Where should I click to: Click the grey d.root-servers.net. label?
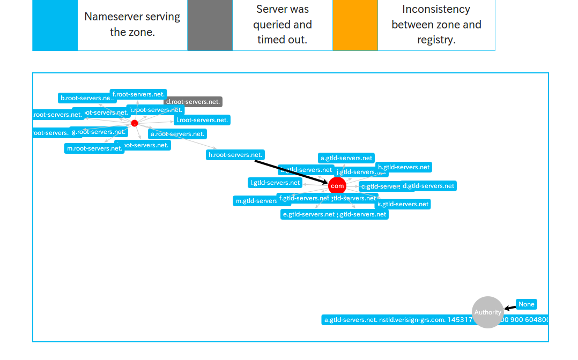point(193,102)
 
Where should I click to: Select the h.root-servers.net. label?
point(235,155)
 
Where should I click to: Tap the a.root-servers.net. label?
point(177,134)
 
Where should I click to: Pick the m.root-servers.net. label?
point(94,148)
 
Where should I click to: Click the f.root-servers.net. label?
point(138,94)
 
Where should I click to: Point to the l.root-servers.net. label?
point(202,120)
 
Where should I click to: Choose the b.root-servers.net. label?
point(86,98)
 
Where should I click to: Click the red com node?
point(337,186)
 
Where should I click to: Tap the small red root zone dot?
point(135,123)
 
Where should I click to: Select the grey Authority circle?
point(488,312)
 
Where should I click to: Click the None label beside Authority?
point(527,304)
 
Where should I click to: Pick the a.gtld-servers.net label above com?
point(346,158)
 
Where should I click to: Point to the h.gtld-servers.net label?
point(404,167)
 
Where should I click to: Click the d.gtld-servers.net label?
point(428,186)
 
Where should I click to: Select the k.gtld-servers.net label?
point(403,204)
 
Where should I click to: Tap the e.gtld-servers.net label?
point(309,214)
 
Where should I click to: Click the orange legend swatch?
point(355,25)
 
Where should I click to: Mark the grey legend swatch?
point(210,25)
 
